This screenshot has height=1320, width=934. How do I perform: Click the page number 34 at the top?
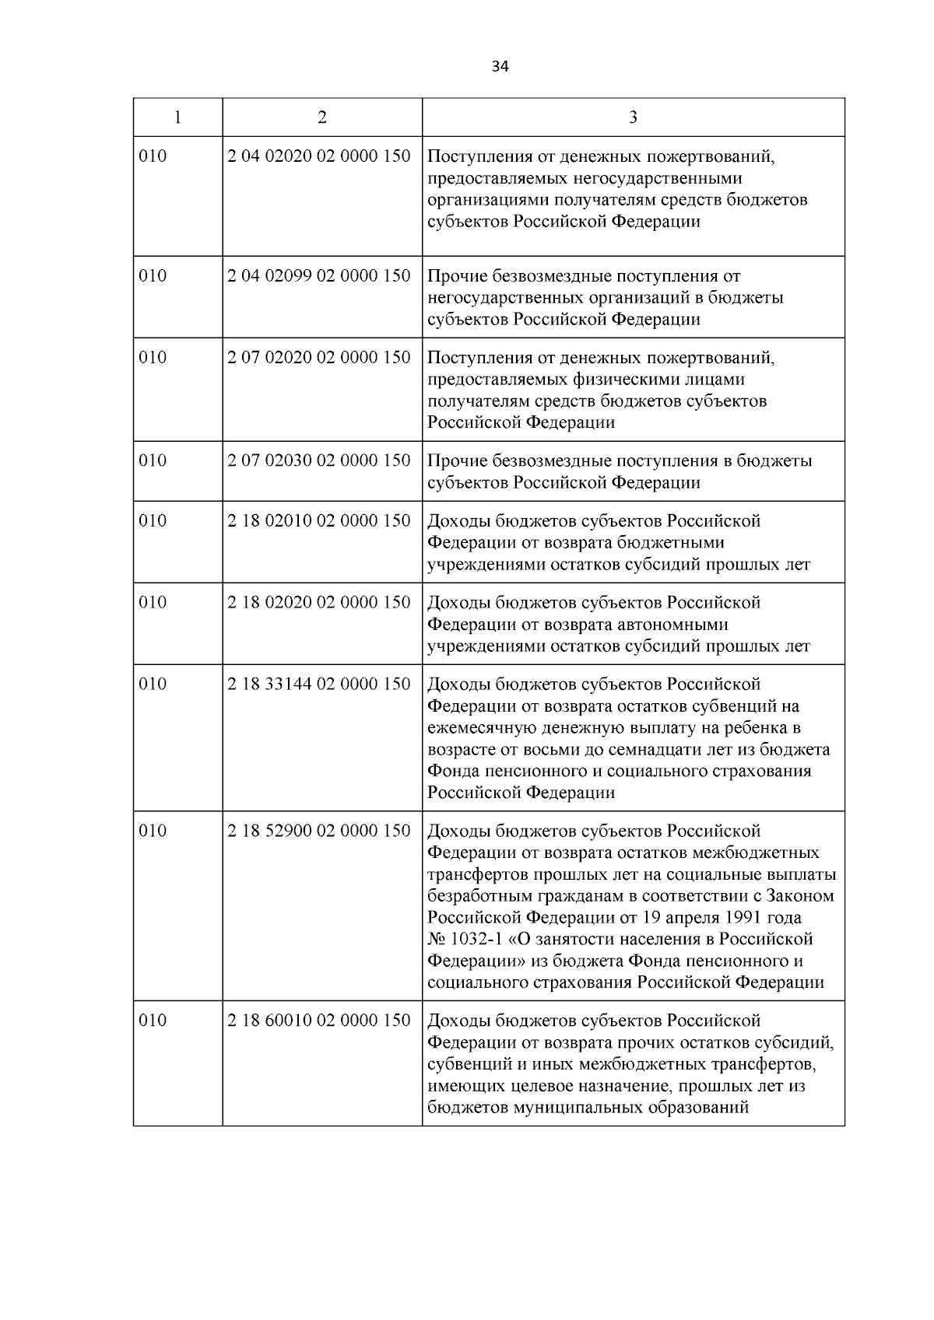(x=500, y=67)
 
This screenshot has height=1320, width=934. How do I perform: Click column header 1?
(x=177, y=117)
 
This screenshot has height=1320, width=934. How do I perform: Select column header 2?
(x=322, y=117)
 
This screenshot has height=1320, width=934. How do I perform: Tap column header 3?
(x=633, y=117)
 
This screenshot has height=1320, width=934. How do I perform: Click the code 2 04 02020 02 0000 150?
(x=319, y=156)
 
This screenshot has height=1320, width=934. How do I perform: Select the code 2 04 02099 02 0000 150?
(x=319, y=276)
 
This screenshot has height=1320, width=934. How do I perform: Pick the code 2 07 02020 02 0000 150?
(x=319, y=358)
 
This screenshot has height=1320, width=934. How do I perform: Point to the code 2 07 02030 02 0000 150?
(x=319, y=460)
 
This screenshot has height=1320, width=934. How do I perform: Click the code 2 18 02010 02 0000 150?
(x=319, y=521)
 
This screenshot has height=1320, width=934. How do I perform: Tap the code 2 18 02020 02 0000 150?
(x=319, y=603)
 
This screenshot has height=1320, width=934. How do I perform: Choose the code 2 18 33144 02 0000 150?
(x=319, y=685)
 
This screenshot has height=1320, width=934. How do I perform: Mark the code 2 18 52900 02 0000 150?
(x=319, y=831)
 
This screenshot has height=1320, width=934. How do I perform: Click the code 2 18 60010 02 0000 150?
(x=319, y=1021)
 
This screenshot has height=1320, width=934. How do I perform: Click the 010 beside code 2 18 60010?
(x=153, y=1021)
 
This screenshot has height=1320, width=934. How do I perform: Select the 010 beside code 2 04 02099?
(x=153, y=276)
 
